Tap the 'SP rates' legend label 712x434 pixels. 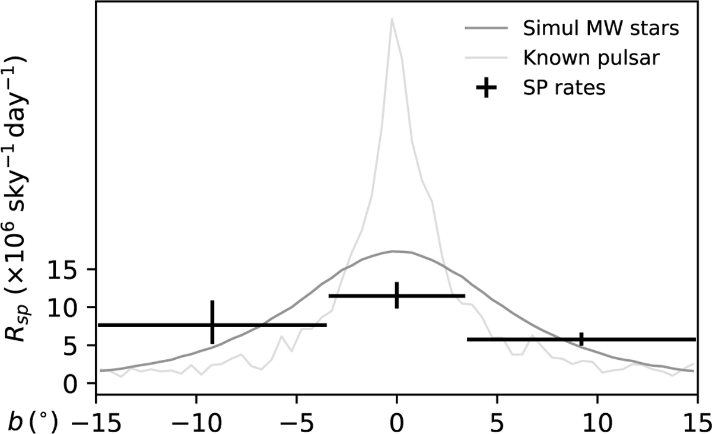click(564, 88)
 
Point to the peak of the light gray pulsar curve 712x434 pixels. click(392, 19)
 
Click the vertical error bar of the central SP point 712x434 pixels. click(396, 295)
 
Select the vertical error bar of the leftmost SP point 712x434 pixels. click(212, 322)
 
